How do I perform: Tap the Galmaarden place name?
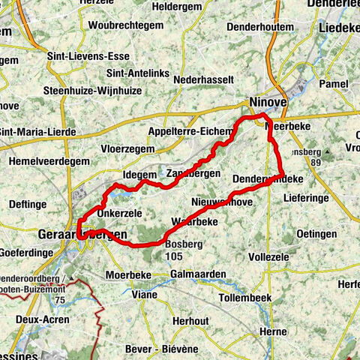tap(198, 274)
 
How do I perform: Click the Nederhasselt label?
tap(203, 79)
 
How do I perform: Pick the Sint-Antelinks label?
tap(139, 73)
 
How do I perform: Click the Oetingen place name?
tap(316, 234)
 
